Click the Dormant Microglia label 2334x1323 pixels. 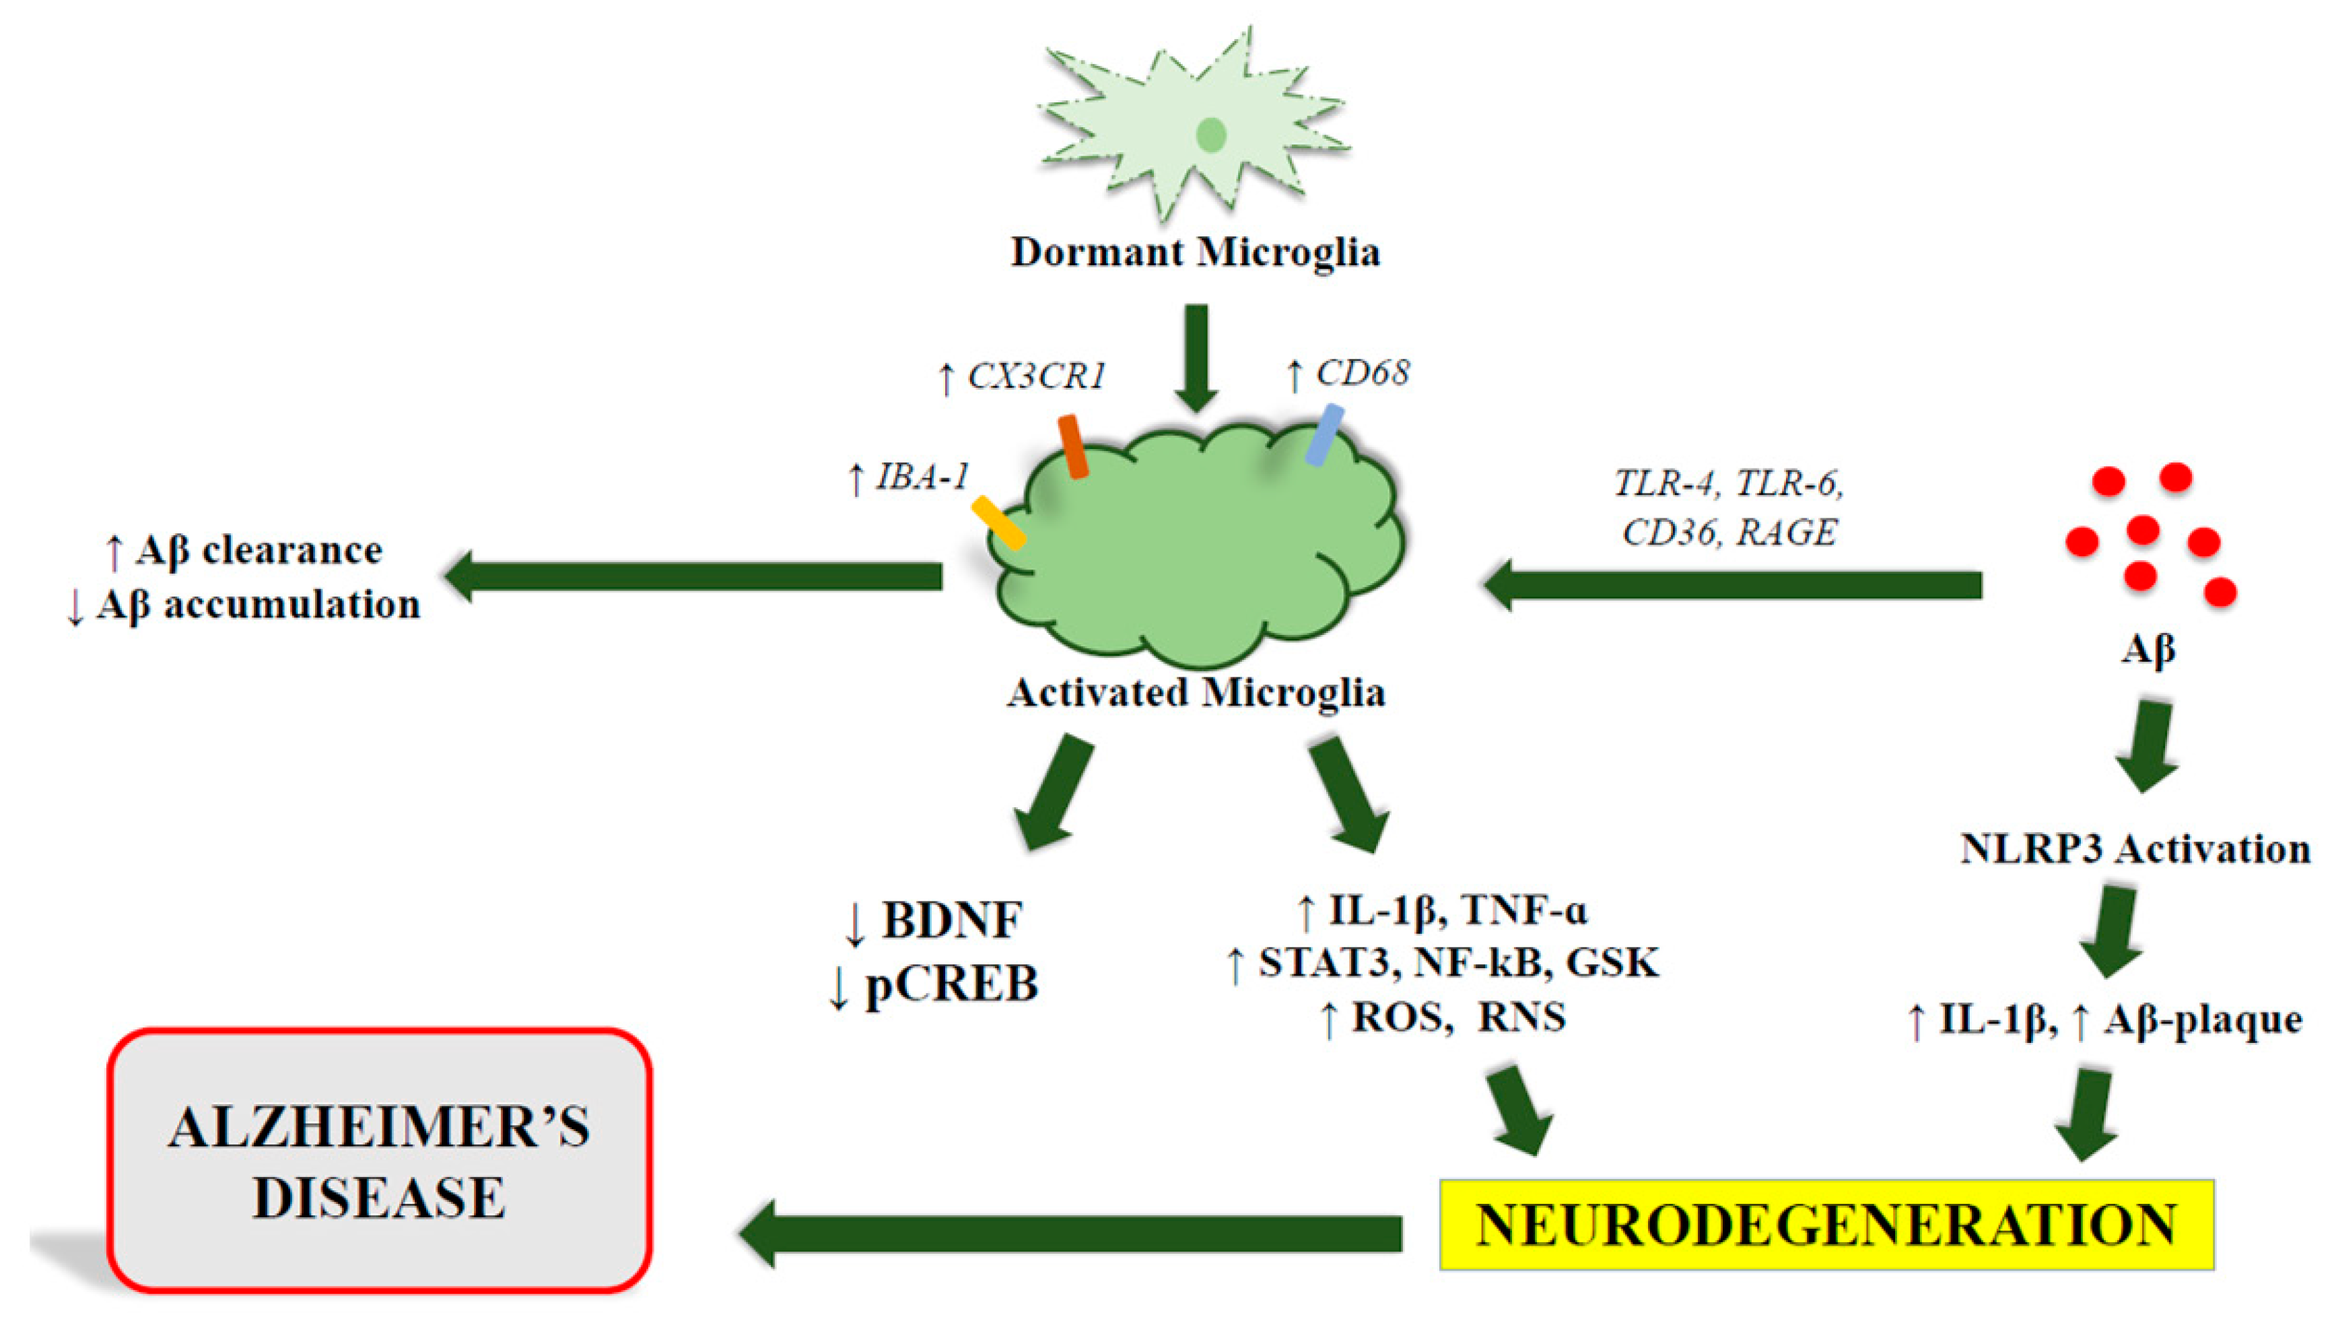coord(1195,252)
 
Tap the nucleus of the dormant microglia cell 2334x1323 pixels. coord(1210,135)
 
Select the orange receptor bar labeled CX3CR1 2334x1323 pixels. coord(1073,446)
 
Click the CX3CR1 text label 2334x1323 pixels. coord(1035,375)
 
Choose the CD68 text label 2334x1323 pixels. coord(1363,372)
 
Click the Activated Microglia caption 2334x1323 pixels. coord(1196,692)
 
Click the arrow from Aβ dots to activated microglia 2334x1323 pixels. coord(1731,584)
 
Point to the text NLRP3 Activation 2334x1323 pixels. coord(2134,849)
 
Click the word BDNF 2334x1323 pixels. coord(952,920)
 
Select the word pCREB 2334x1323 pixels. coord(951,984)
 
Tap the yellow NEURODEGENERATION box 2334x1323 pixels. coord(1826,1224)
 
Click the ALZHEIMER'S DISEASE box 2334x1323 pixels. coord(380,1160)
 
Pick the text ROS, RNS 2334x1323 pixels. coord(1458,1016)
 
